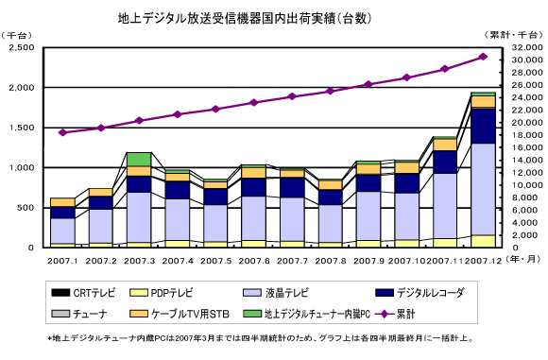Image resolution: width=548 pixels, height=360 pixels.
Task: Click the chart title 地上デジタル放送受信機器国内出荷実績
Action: coord(227,18)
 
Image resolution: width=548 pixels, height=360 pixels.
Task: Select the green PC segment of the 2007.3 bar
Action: coord(139,160)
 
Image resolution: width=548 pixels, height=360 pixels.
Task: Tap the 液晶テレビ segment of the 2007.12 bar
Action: coord(484,189)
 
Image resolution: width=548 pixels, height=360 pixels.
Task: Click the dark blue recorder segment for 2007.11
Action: coord(445,163)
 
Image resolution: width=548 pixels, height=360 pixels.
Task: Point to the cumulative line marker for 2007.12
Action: coord(484,57)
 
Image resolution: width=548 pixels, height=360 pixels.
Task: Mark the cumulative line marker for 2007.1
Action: coord(63,132)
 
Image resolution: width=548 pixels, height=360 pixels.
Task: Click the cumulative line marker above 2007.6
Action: coord(254,102)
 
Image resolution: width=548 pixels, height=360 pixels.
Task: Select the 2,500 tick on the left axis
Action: coord(22,47)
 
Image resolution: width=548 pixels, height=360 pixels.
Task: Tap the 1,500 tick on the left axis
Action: coord(22,128)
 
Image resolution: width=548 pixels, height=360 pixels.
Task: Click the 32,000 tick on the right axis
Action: coord(527,47)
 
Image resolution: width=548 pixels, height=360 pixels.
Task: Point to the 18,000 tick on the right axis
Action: coord(527,135)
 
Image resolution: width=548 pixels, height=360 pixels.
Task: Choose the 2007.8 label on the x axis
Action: coord(331,261)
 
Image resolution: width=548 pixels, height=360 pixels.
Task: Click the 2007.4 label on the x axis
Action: coord(178,261)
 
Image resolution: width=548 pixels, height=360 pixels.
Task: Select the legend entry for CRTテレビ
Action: coord(83,293)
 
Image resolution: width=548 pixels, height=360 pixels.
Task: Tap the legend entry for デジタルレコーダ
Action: coord(420,293)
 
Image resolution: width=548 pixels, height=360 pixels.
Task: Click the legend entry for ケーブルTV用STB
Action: coord(180,314)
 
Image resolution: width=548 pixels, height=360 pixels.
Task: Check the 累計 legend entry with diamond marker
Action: coord(395,314)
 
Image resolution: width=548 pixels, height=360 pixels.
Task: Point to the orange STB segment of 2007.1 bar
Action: coord(63,202)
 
